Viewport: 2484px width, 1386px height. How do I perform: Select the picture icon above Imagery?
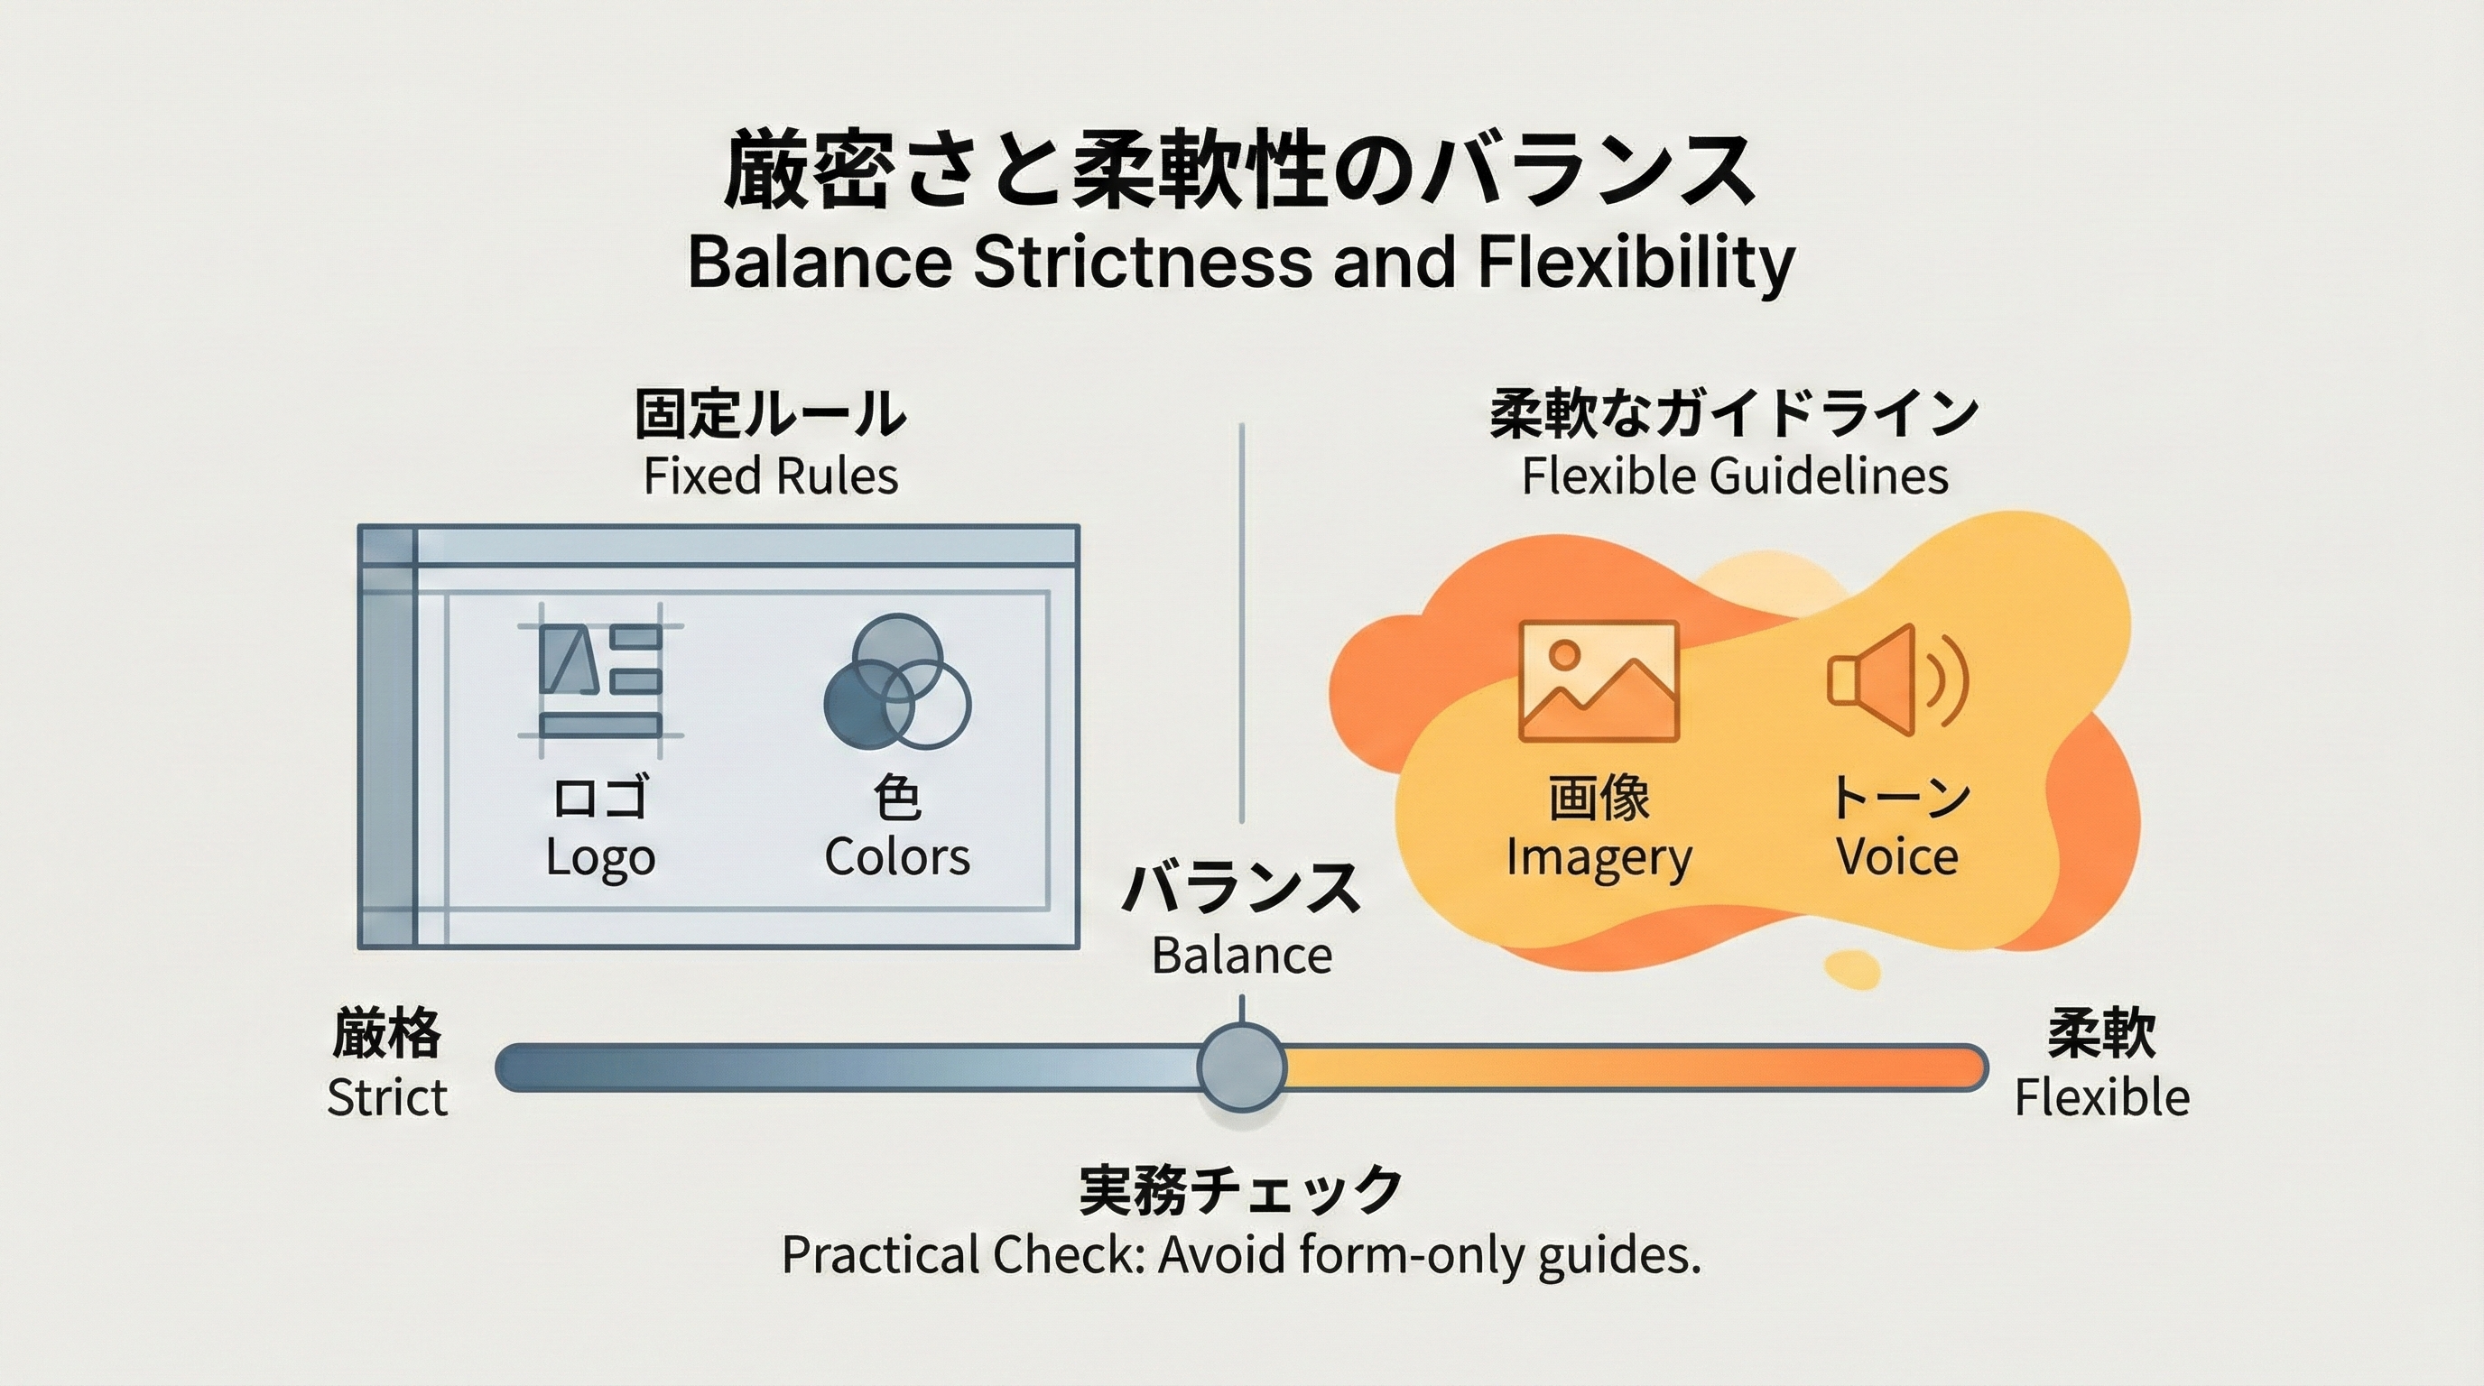pyautogui.click(x=1598, y=680)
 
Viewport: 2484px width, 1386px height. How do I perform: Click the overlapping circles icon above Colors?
pyautogui.click(x=897, y=682)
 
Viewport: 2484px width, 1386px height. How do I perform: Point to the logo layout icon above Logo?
pyautogui.click(x=599, y=680)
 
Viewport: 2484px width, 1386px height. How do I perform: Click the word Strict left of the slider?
pyautogui.click(x=386, y=1098)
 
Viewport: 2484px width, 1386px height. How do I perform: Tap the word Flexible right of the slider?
pyautogui.click(x=2101, y=1098)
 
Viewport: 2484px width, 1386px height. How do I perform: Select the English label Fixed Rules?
pyautogui.click(x=771, y=476)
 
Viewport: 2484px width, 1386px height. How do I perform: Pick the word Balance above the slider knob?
pyautogui.click(x=1241, y=956)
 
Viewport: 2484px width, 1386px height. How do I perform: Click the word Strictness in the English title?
pyautogui.click(x=1143, y=263)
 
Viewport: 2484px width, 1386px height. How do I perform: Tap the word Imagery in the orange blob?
pyautogui.click(x=1598, y=858)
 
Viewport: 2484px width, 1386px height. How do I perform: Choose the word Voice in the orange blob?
pyautogui.click(x=1896, y=858)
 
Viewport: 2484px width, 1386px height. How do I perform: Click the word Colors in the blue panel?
pyautogui.click(x=897, y=858)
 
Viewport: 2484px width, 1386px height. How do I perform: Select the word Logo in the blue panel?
pyautogui.click(x=599, y=858)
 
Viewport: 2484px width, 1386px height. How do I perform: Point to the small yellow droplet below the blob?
pyautogui.click(x=1852, y=968)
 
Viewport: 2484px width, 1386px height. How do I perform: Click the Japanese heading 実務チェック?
pyautogui.click(x=1241, y=1190)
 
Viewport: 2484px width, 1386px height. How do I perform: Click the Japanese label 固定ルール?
pyautogui.click(x=771, y=414)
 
